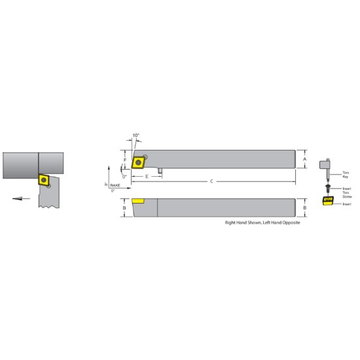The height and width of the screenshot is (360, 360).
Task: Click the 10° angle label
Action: click(x=136, y=135)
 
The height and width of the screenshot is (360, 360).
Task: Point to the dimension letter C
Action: click(x=211, y=181)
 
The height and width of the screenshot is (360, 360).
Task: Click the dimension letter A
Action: click(x=305, y=158)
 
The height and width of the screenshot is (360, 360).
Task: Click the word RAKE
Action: click(x=115, y=186)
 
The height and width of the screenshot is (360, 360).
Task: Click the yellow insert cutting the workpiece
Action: click(x=45, y=179)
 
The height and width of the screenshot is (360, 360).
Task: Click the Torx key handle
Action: click(x=325, y=163)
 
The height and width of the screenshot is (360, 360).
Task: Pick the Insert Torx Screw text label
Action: click(x=347, y=190)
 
